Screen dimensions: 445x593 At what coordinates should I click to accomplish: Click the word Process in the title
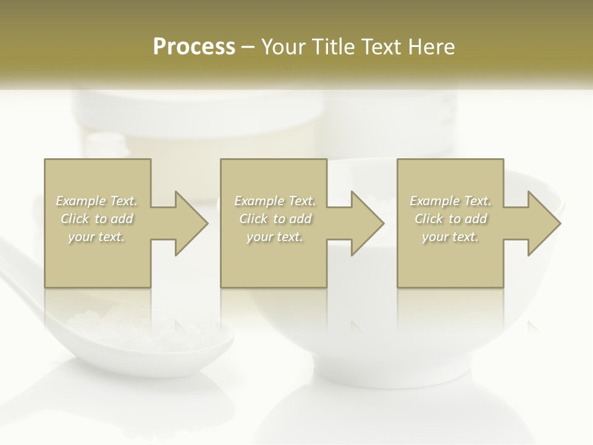(x=194, y=47)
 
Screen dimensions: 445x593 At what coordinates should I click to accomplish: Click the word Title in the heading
(x=332, y=47)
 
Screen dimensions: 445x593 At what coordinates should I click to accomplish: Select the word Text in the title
(x=381, y=47)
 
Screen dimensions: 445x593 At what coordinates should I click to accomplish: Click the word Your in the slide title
(x=284, y=47)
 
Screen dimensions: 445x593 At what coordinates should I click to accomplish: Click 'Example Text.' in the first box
(x=96, y=201)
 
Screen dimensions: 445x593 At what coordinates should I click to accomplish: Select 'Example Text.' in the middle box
(x=274, y=201)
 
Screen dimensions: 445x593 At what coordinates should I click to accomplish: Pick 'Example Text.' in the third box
(x=450, y=201)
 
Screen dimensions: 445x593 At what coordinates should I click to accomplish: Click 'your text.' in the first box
(x=96, y=237)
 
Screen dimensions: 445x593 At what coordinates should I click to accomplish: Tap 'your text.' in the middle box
(x=274, y=237)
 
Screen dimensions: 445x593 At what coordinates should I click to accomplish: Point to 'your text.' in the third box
(x=450, y=237)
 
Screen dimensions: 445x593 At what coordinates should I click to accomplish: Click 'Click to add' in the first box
(x=96, y=219)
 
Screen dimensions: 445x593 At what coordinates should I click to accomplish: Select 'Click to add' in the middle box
(x=274, y=219)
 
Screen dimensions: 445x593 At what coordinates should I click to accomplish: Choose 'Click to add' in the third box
(x=450, y=219)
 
